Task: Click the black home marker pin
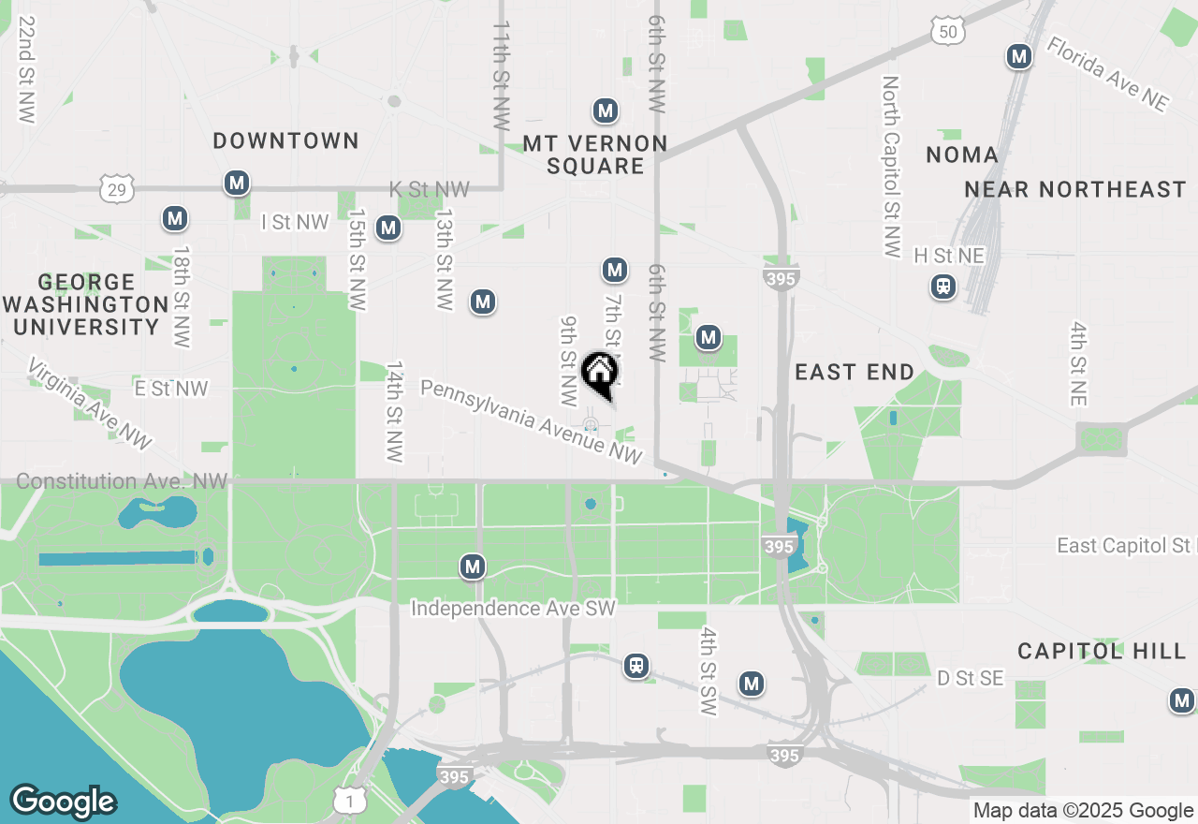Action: coord(599,374)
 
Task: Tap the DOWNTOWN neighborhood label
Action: coord(285,141)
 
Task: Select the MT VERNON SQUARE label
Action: coord(595,154)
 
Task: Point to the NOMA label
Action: coord(962,154)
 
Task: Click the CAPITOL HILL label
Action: coord(1102,651)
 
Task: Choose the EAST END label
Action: coord(855,373)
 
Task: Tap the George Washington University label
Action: coord(86,304)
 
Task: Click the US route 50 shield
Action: coord(948,33)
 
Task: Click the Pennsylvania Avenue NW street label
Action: coord(531,420)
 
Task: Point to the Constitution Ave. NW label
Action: coord(122,481)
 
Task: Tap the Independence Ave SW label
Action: coord(514,609)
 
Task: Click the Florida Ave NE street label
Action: coord(1107,74)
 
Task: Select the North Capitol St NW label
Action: coord(890,167)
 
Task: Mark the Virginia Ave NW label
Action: coord(89,403)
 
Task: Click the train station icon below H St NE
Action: coord(943,287)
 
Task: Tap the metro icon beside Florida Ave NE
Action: coord(1019,57)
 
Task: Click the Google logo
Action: coord(64,802)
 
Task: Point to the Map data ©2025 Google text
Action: coord(1083,811)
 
